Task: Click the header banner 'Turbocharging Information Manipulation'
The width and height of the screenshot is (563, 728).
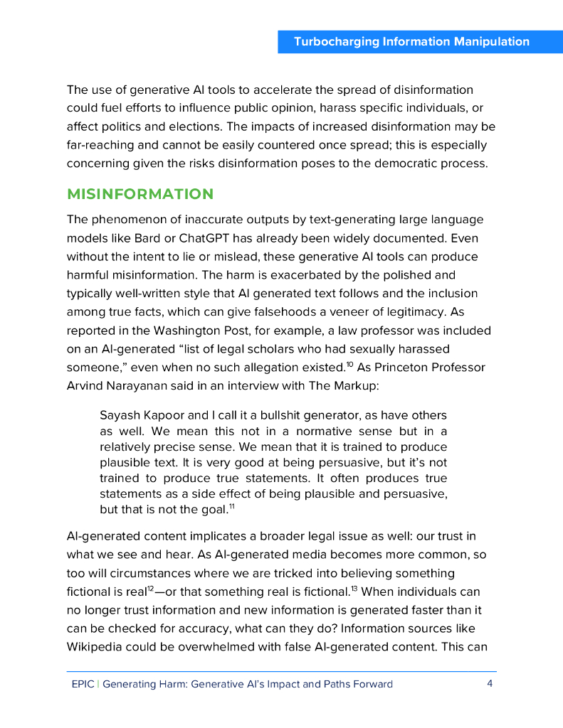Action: tap(411, 41)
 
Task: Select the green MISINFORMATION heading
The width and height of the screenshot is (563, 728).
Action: tap(140, 194)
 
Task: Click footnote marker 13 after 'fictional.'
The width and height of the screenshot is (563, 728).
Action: tap(354, 588)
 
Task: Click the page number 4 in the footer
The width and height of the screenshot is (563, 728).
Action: tap(490, 684)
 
